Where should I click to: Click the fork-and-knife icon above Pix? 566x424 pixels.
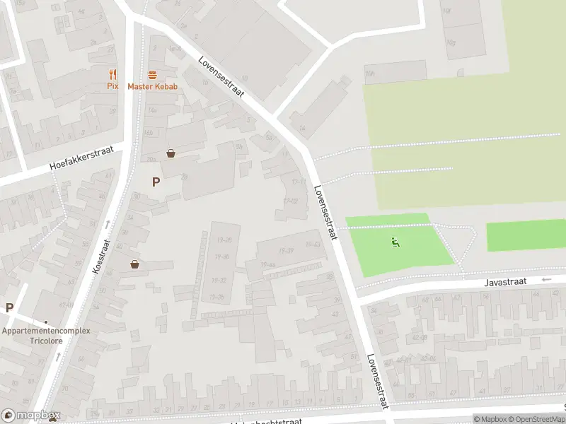(112, 74)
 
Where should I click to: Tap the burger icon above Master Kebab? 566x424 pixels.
(152, 74)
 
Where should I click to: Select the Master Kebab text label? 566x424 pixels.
(152, 86)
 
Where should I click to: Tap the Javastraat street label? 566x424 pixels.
(506, 281)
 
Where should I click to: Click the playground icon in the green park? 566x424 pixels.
(395, 243)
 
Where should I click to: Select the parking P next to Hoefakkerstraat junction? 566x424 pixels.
(156, 182)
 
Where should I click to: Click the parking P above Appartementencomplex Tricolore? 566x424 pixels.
(9, 307)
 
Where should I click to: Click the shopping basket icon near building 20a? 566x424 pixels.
(171, 153)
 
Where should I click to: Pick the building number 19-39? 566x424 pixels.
(286, 251)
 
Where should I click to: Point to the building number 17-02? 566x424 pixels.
(290, 201)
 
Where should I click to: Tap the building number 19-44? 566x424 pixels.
(267, 264)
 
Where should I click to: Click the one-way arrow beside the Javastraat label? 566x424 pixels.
(545, 280)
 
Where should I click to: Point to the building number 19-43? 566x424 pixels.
(312, 244)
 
